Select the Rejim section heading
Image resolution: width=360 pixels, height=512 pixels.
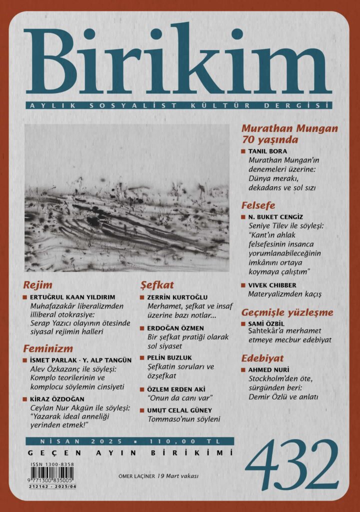click(38, 285)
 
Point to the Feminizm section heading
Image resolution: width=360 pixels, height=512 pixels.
click(48, 348)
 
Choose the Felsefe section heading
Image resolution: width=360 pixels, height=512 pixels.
click(258, 205)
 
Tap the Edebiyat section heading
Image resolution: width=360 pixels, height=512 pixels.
click(262, 358)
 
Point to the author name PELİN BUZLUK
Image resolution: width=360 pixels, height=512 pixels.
click(170, 358)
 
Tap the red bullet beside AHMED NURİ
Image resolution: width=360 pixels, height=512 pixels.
click(243, 370)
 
